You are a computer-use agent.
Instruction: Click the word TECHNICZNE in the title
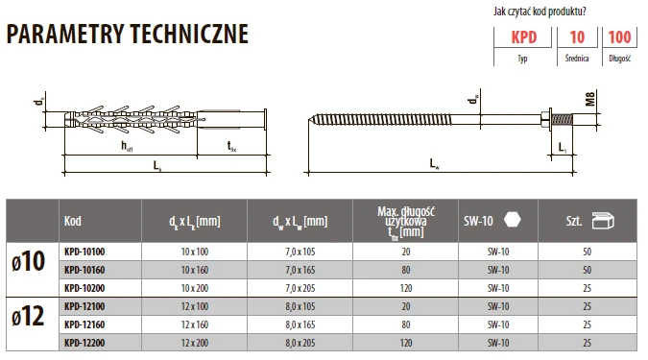[189, 34]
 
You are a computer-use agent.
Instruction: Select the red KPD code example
[523, 37]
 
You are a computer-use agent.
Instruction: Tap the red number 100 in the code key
[619, 37]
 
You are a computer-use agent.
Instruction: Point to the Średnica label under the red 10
[577, 59]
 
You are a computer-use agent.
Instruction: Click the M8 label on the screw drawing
[590, 99]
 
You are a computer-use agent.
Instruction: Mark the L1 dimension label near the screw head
[563, 148]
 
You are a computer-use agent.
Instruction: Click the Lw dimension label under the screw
[434, 163]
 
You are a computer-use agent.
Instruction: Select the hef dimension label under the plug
[127, 146]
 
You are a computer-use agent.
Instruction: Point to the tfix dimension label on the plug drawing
[231, 146]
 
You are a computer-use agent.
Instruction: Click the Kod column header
[73, 221]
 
